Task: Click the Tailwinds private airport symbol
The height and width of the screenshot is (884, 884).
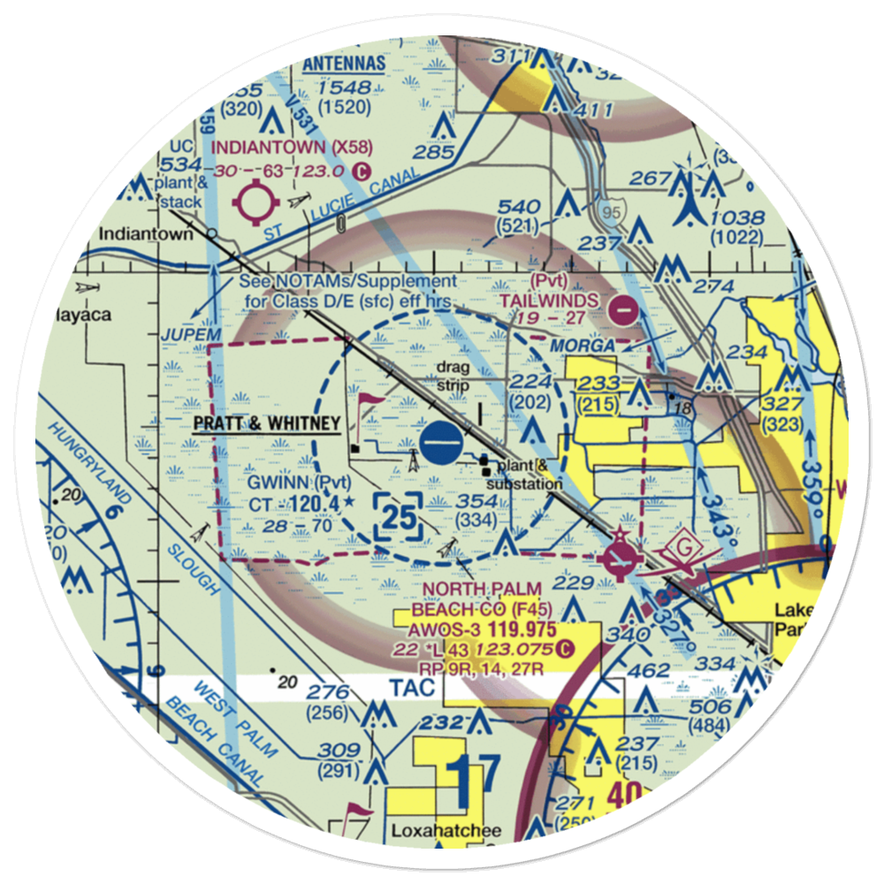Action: [x=623, y=311]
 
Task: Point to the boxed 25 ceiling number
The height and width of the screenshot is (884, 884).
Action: [x=398, y=517]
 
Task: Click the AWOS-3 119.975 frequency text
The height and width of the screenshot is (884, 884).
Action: [x=483, y=630]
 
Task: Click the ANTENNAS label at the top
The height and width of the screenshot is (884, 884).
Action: [x=344, y=64]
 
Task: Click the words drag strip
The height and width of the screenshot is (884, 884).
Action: [x=451, y=376]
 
